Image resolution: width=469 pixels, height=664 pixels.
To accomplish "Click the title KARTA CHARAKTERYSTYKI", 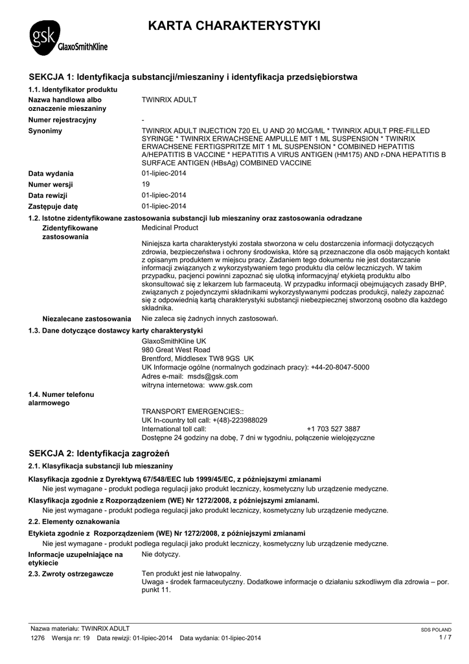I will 234,27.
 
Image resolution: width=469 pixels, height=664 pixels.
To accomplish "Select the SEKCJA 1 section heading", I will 193,77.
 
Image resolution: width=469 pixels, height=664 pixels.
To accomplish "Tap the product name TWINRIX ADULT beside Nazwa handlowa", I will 169,100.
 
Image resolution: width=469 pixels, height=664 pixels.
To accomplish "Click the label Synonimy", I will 45,131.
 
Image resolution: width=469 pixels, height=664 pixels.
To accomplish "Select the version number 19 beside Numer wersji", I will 146,184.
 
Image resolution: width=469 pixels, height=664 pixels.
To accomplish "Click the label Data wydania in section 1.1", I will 51,174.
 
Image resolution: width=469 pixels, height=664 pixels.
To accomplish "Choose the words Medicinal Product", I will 170,228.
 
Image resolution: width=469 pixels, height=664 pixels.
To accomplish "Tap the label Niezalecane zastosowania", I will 87,319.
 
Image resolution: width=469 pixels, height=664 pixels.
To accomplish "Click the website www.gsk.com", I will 230,385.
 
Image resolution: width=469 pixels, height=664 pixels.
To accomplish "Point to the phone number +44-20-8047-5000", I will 339,367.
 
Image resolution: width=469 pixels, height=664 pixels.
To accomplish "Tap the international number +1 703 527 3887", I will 334,429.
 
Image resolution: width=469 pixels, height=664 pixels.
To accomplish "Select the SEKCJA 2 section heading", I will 99,452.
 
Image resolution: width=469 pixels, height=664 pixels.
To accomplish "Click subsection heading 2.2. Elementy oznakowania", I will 74,521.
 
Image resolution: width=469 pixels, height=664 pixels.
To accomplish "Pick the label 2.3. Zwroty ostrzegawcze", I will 71,574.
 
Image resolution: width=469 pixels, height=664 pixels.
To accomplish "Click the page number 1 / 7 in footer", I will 444,637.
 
